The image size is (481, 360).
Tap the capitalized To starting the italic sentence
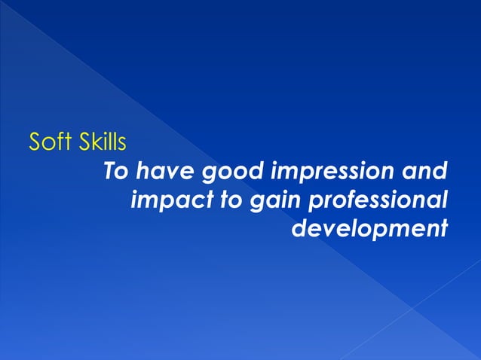[x=115, y=171]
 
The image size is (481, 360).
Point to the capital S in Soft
[x=35, y=141]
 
